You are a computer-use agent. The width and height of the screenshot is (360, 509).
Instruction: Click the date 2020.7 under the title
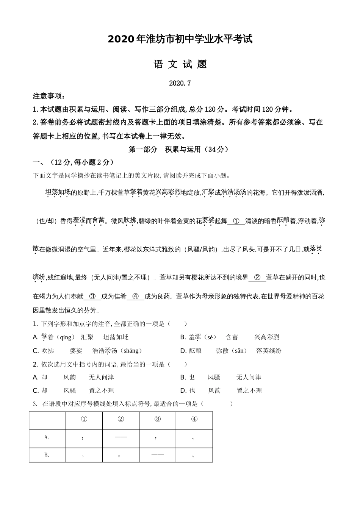[x=180, y=83]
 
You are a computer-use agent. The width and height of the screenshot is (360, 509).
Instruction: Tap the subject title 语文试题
[x=180, y=64]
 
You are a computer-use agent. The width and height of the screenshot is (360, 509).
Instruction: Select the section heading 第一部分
[x=143, y=149]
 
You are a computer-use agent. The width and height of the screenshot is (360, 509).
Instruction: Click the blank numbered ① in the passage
[x=236, y=221]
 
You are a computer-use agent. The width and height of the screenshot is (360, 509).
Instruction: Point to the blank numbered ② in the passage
[x=257, y=278]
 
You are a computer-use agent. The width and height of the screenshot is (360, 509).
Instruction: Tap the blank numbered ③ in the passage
[x=92, y=297]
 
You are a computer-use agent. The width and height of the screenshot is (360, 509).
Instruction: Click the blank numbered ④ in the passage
[x=135, y=297]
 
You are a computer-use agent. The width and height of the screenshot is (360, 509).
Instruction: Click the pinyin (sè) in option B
[x=211, y=337]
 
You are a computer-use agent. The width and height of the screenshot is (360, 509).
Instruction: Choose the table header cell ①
[x=84, y=419]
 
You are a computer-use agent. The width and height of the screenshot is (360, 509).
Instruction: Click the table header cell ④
[x=194, y=419]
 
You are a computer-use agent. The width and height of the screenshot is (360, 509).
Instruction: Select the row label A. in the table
[x=47, y=437]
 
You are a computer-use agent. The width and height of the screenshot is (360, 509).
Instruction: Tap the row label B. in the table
[x=47, y=455]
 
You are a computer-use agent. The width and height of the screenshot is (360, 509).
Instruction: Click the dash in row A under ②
[x=121, y=437]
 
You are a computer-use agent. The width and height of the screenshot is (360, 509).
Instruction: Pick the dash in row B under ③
[x=157, y=455]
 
